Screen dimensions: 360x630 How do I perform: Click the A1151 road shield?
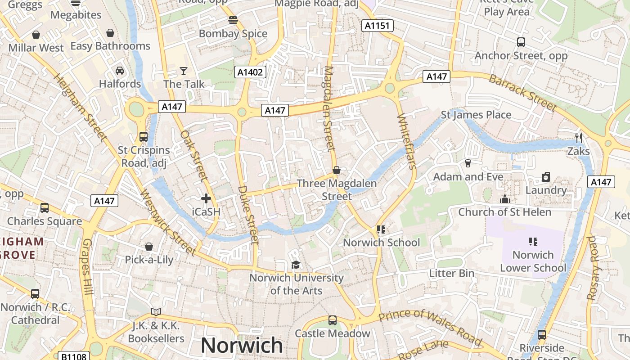point(377,26)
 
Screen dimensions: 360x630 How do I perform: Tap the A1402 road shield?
point(250,72)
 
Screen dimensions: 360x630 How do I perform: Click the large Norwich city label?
point(242,345)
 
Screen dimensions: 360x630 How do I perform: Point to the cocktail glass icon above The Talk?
point(184,71)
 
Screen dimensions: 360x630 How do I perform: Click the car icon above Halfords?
point(120,71)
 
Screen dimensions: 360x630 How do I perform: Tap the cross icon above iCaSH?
point(206,198)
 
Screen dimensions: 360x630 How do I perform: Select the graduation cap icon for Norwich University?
point(296,265)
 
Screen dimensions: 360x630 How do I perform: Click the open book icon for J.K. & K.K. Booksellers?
point(156,312)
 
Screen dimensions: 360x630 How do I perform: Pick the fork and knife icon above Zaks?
point(579,138)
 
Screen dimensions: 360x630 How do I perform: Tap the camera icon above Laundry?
point(546,177)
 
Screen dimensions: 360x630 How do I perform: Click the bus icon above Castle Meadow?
point(333,320)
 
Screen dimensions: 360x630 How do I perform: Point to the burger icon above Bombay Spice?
point(233,20)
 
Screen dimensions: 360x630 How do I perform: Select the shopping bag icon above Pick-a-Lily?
point(149,247)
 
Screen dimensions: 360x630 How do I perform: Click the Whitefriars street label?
point(405,141)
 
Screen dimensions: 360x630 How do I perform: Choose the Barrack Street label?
point(522,93)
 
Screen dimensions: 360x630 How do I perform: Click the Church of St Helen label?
point(504,212)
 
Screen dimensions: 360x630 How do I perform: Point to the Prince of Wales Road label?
point(431,326)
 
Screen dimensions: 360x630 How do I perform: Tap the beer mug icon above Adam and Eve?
point(468,163)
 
